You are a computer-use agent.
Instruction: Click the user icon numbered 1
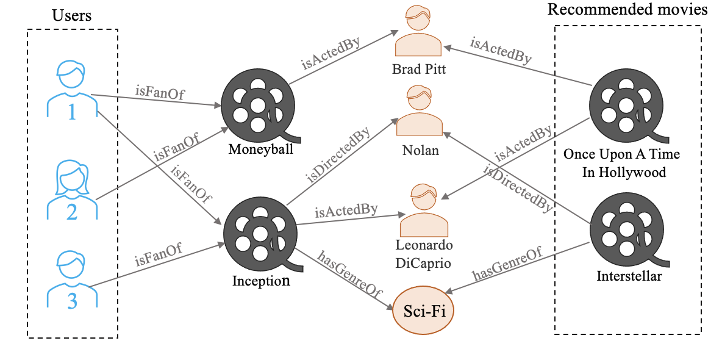click(x=72, y=89)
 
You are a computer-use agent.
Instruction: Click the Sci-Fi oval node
click(x=424, y=310)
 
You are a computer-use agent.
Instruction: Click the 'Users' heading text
click(x=71, y=15)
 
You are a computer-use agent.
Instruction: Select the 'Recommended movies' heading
click(x=627, y=9)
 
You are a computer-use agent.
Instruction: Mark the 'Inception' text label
click(x=261, y=281)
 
